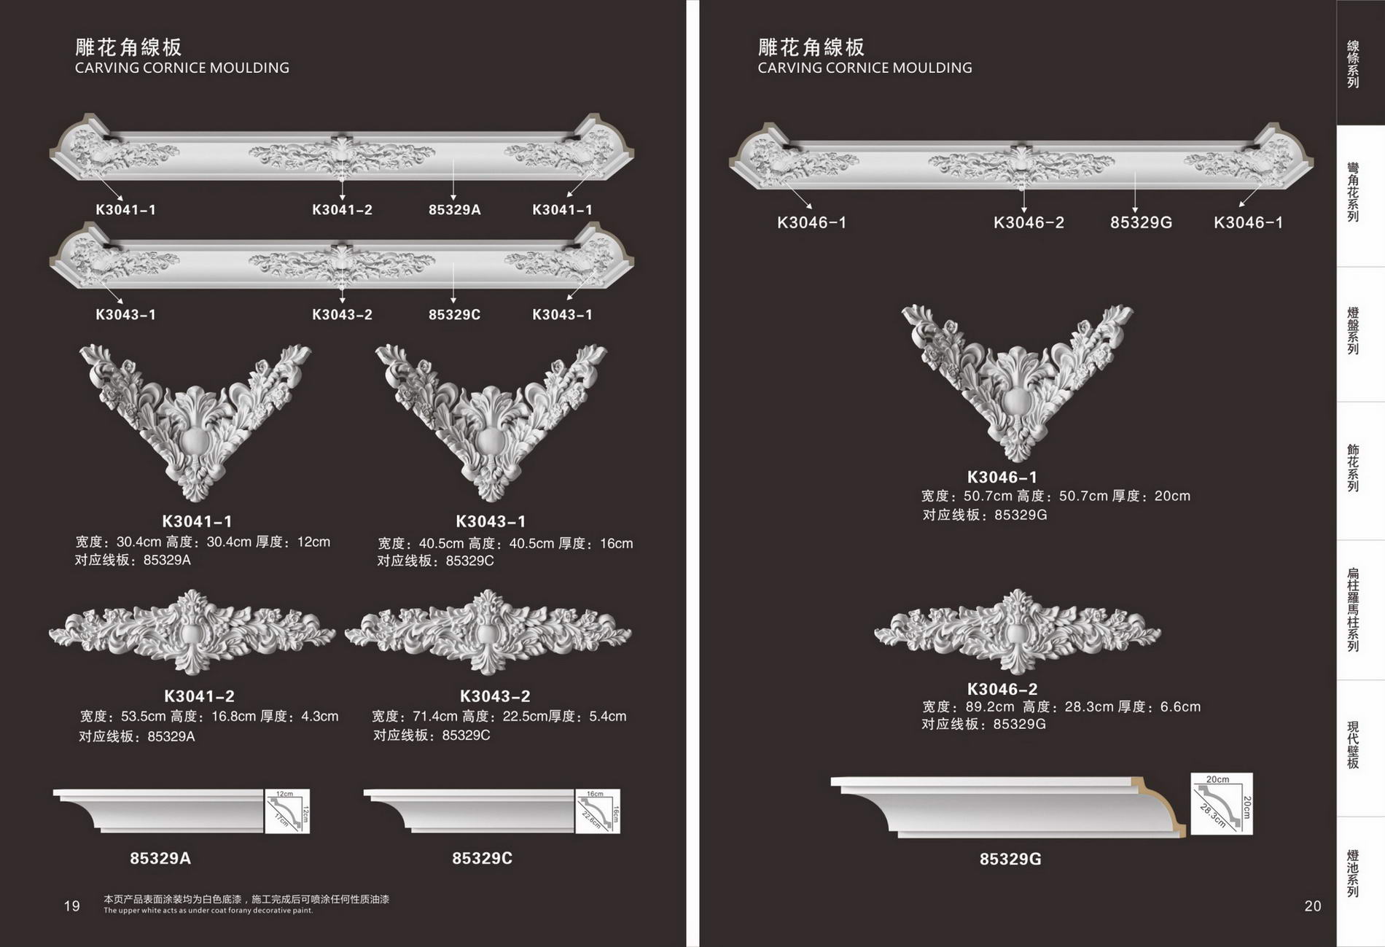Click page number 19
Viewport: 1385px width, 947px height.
[x=71, y=906]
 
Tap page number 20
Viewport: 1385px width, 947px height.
[x=1312, y=906]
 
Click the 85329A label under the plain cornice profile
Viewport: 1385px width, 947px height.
[x=160, y=858]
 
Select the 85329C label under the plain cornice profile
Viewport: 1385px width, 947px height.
[x=482, y=858]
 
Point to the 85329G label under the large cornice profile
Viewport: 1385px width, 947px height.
[x=1010, y=859]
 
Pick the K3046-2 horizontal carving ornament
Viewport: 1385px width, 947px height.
[x=1017, y=631]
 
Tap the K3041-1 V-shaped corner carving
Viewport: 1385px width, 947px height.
[x=195, y=421]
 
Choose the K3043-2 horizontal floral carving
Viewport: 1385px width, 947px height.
[x=488, y=631]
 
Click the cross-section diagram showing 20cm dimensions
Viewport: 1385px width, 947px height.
[x=1221, y=803]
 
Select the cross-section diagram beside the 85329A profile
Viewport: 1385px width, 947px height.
[x=287, y=811]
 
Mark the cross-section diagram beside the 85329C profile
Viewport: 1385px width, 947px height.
[x=597, y=811]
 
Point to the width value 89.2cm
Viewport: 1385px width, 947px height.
[x=990, y=707]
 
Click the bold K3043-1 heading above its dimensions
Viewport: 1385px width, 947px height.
[x=491, y=521]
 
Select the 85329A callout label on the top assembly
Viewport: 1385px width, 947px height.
[x=454, y=210]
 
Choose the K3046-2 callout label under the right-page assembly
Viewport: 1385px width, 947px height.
[x=1029, y=222]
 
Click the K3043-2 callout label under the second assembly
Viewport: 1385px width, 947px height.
[x=342, y=315]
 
